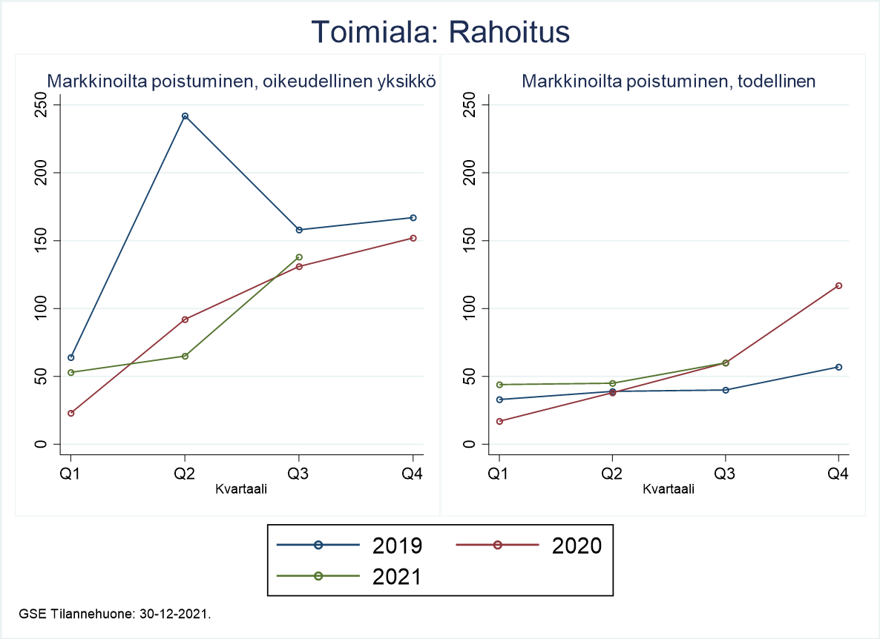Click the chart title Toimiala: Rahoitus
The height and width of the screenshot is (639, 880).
click(x=440, y=33)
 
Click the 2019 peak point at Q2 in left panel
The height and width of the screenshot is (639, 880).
click(x=185, y=116)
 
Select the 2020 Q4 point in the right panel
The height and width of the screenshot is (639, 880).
click(x=839, y=285)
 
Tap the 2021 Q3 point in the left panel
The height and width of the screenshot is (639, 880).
click(x=299, y=257)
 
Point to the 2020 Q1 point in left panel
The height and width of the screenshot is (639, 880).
click(x=71, y=413)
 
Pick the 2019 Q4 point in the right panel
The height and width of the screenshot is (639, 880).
click(x=839, y=367)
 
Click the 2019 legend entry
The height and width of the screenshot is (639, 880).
click(x=349, y=546)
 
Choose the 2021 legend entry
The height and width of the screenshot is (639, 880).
click(x=349, y=577)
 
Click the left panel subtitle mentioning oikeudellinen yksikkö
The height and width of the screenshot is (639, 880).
click(x=241, y=82)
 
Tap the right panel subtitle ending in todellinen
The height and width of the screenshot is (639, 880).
click(x=669, y=82)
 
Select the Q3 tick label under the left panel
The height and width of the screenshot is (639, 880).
click(x=299, y=474)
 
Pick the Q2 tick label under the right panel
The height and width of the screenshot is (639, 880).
click(x=612, y=474)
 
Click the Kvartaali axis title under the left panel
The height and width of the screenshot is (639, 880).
click(x=241, y=489)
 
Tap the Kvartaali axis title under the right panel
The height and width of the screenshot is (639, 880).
click(x=669, y=489)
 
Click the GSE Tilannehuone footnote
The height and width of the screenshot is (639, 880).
click(x=115, y=614)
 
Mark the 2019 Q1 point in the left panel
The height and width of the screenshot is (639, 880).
click(x=71, y=357)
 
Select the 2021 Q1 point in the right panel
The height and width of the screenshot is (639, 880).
click(x=499, y=385)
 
